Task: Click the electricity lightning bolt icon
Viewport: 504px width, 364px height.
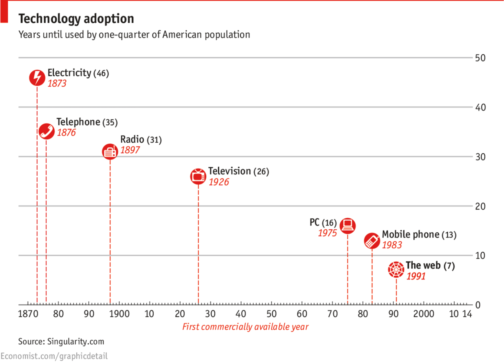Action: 37,78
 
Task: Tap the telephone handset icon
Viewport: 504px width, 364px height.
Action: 46,131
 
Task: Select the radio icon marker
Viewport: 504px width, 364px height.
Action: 110,151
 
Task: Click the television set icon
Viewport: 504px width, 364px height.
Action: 198,177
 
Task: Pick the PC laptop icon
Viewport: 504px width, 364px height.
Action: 348,226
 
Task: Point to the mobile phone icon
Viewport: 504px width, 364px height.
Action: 372,241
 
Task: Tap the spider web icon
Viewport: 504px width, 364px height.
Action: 396,270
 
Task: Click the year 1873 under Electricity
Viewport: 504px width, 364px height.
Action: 57,83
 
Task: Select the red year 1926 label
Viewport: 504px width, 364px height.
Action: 219,182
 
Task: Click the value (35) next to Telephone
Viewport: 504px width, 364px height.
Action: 110,122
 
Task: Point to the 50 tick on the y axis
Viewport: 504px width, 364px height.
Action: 480,58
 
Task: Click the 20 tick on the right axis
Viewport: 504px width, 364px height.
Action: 480,206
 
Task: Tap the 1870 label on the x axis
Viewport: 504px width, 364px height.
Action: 28,314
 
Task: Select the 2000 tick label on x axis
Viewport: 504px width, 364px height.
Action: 423,314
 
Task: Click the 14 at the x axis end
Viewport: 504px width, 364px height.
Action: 467,314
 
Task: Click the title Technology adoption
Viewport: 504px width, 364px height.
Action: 76,19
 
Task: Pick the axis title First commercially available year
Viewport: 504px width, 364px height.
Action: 245,327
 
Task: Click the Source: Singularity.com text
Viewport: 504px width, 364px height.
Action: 61,342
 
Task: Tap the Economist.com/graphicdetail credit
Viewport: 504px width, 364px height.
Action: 54,356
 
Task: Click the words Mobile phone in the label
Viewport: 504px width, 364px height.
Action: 411,234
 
